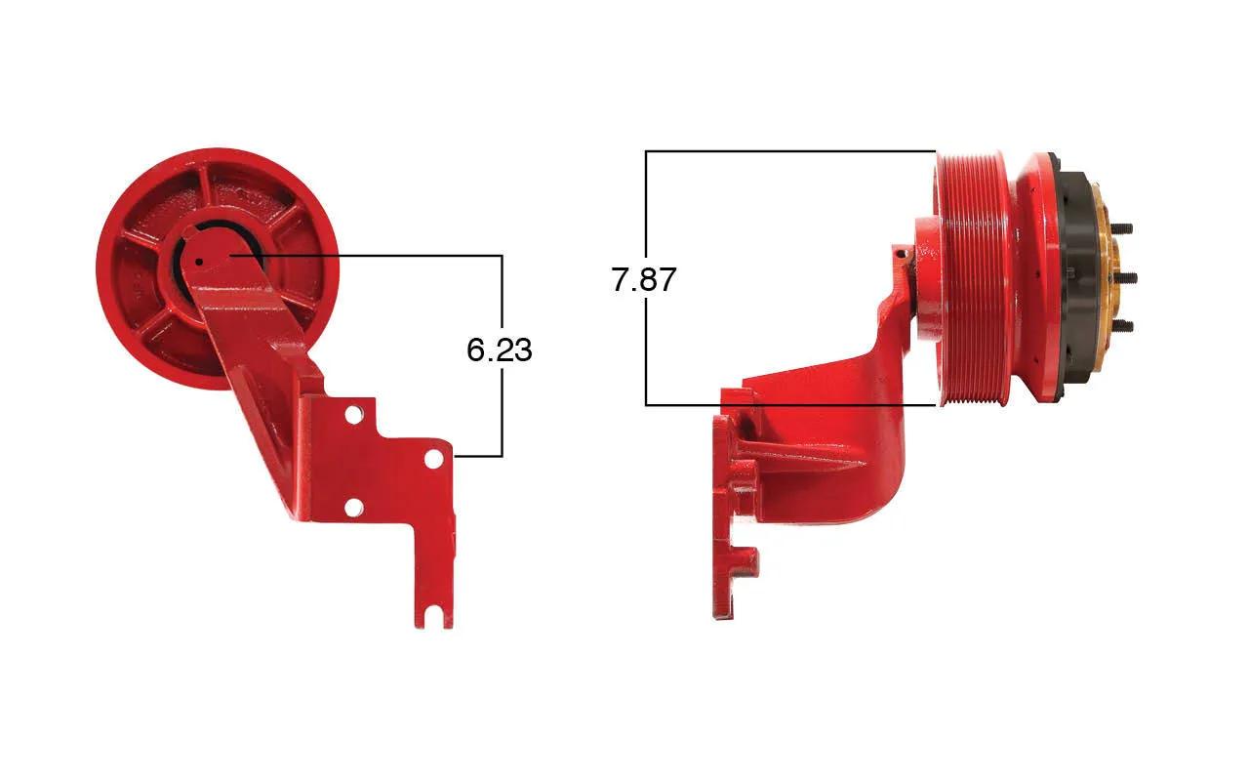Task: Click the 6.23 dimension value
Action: click(499, 350)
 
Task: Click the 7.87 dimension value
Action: click(643, 279)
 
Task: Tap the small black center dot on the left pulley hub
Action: click(199, 261)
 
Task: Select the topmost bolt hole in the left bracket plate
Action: click(353, 416)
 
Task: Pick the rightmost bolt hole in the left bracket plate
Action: click(434, 459)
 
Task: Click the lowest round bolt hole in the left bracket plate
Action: click(354, 508)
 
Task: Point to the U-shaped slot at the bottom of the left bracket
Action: click(434, 617)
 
